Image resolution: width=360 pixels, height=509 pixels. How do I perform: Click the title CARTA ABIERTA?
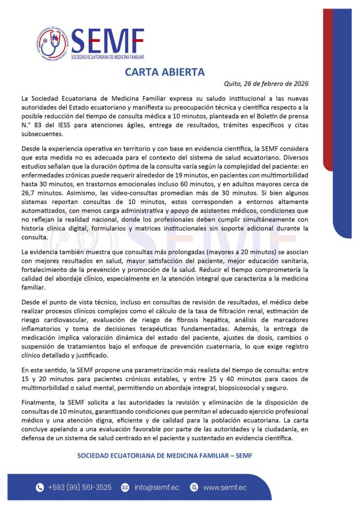point(164,72)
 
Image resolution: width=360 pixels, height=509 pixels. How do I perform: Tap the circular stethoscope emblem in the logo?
point(51,42)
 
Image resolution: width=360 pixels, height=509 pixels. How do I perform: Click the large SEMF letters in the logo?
point(108,39)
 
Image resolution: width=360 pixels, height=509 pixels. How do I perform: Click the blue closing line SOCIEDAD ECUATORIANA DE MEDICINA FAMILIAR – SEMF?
point(164,455)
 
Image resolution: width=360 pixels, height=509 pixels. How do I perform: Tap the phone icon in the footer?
point(39,488)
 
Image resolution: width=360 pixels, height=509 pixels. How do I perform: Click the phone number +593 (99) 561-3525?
point(80,488)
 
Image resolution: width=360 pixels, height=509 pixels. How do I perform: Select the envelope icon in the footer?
point(125,488)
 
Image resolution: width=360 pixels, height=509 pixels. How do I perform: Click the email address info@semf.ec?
point(157,488)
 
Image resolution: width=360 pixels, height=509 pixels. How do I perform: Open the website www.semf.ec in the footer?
point(225,488)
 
